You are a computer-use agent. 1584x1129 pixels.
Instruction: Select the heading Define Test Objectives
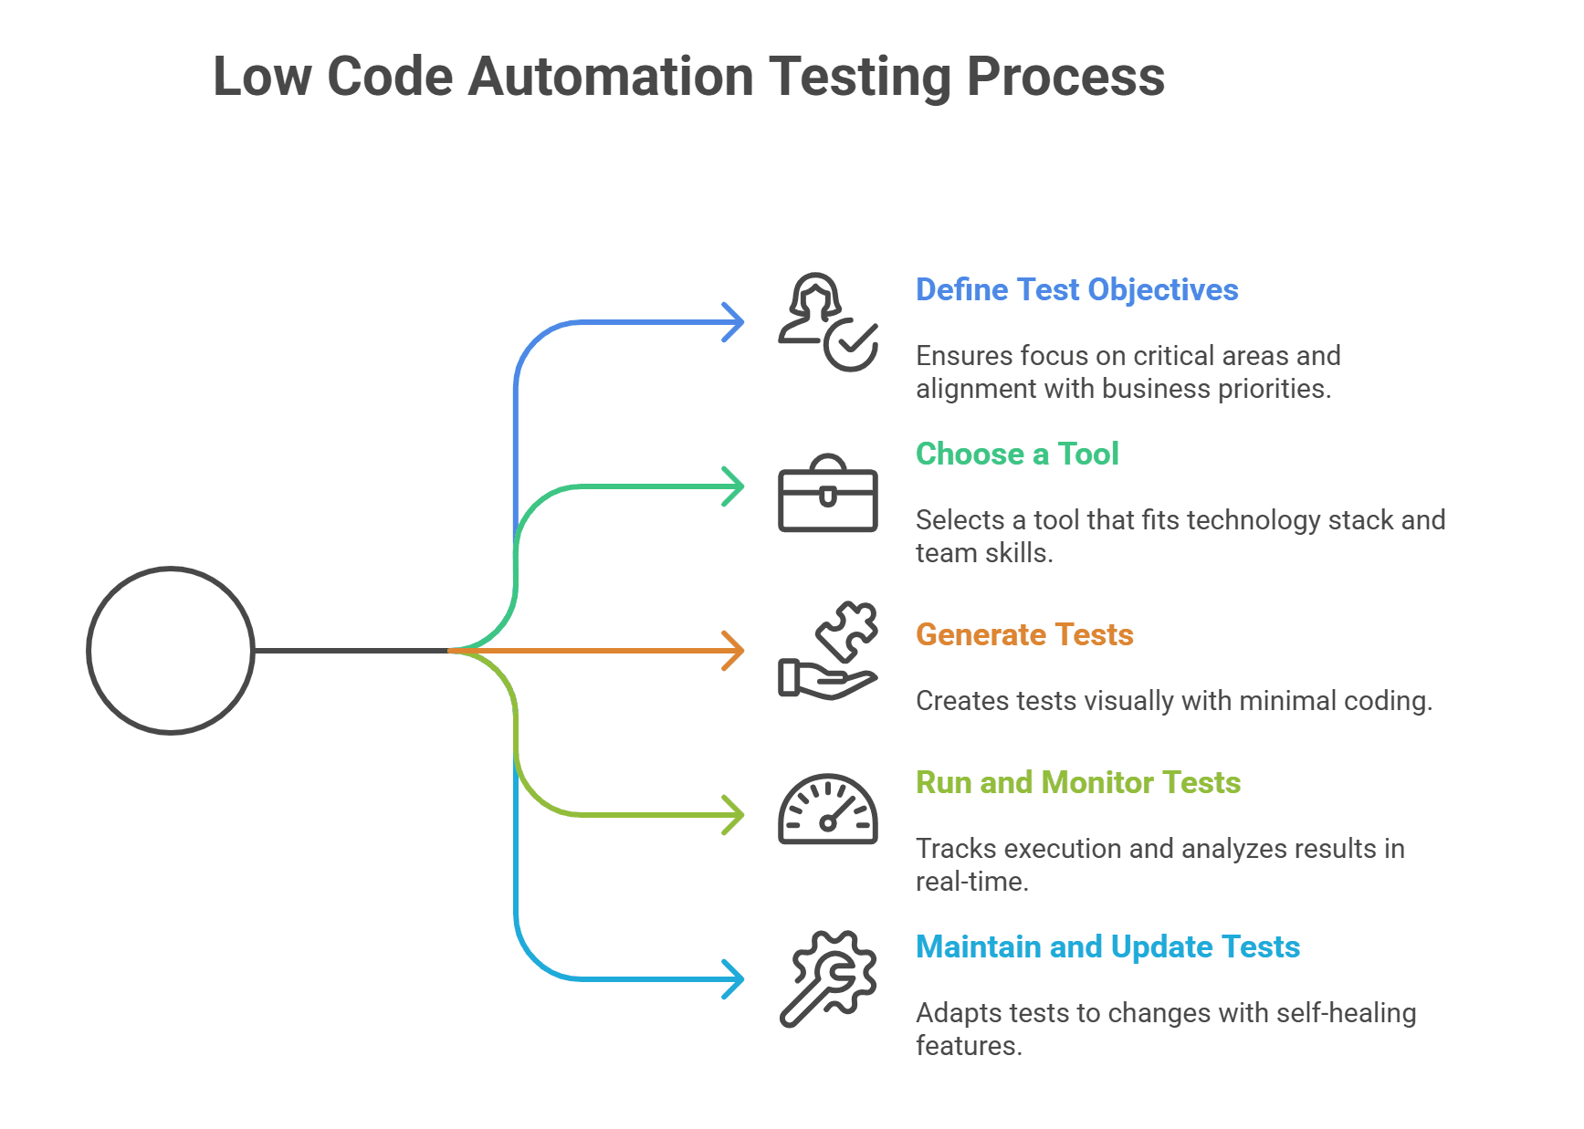pos(1076,289)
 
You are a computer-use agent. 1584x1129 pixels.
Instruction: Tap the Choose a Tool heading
pos(1016,454)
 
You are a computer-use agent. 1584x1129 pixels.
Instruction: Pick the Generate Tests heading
pos(1023,634)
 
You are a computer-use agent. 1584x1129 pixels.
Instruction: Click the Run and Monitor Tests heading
pos(1077,782)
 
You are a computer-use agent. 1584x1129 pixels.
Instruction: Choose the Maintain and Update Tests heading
pos(1107,946)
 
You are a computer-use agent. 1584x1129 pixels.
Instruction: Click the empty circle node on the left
pos(171,651)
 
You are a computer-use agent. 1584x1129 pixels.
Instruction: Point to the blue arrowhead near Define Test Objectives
pos(734,322)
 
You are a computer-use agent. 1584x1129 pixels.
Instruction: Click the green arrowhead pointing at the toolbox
pos(734,486)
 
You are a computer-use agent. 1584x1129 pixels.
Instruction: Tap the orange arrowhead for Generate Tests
pos(734,651)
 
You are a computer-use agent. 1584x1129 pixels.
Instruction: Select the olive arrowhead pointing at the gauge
pos(734,815)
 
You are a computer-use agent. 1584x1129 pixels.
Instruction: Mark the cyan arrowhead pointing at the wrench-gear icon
pos(734,979)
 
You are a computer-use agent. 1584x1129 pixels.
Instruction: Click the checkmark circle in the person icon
pos(851,345)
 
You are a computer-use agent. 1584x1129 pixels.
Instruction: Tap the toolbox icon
pos(827,494)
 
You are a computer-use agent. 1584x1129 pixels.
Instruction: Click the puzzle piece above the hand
pos(848,630)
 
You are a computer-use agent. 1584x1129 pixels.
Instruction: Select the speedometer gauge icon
pos(827,810)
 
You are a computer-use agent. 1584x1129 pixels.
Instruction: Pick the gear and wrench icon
pos(829,977)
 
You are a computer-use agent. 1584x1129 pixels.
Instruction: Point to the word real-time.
pos(971,881)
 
